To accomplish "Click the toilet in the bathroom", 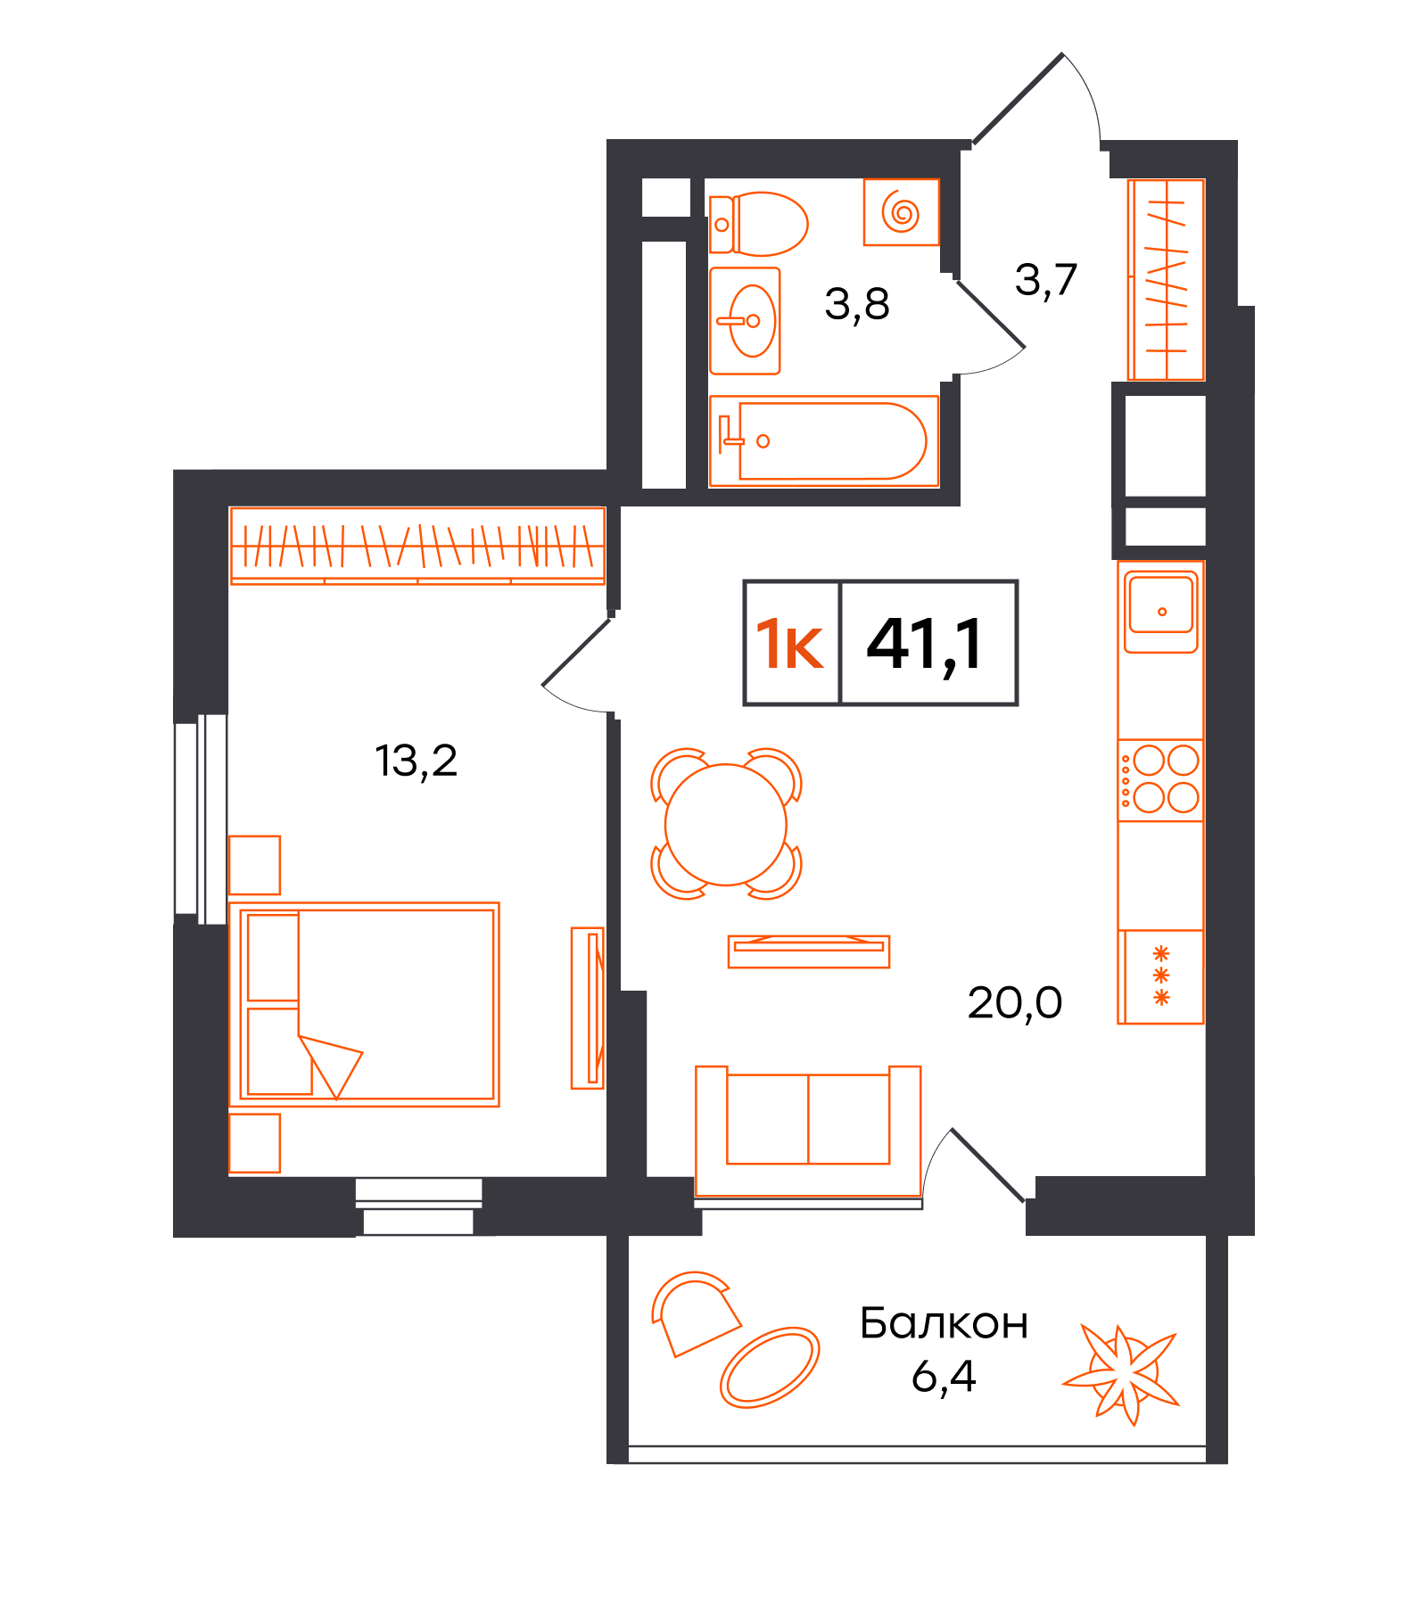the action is click(x=758, y=224).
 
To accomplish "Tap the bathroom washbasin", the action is click(x=745, y=321).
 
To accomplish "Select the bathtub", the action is click(x=823, y=441).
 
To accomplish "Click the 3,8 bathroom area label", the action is click(x=857, y=305).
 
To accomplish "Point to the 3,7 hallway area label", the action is click(x=1046, y=280).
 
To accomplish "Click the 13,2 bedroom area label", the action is click(x=416, y=761).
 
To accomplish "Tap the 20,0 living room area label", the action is click(x=1015, y=1003).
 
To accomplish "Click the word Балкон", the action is click(x=944, y=1323).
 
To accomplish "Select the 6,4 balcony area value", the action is click(x=944, y=1376).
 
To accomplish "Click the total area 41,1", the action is click(x=925, y=645).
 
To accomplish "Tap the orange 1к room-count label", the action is click(x=789, y=645).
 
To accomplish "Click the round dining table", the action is click(x=726, y=825).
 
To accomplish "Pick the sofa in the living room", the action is click(x=808, y=1131).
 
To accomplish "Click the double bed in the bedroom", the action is click(x=364, y=1004).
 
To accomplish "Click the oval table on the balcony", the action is click(x=769, y=1367).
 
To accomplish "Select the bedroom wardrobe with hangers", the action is click(x=417, y=546).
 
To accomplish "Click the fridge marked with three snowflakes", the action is click(x=1160, y=976).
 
